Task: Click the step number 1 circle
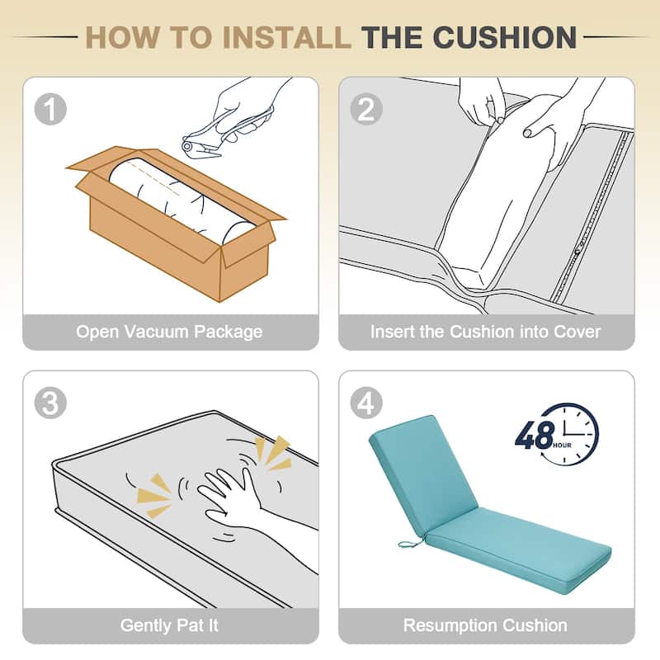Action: [x=50, y=109]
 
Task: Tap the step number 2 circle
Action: [x=366, y=109]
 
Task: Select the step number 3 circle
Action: [x=50, y=403]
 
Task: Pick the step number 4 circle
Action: [x=366, y=403]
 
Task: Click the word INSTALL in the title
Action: [x=290, y=37]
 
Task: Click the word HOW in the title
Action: [x=122, y=37]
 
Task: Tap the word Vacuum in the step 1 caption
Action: [x=156, y=332]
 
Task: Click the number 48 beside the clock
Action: [x=535, y=436]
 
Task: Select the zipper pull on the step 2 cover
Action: [x=578, y=252]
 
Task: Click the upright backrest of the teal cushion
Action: [x=422, y=470]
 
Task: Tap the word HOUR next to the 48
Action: [x=563, y=445]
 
